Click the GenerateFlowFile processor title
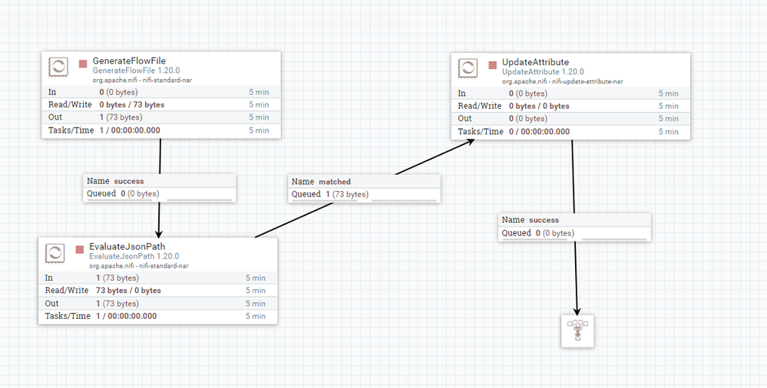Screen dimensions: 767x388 (129, 61)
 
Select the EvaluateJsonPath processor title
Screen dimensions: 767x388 (127, 247)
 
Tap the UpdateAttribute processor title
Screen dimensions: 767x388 (535, 62)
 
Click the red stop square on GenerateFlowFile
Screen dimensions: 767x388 (83, 64)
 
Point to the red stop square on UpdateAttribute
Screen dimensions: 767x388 (493, 65)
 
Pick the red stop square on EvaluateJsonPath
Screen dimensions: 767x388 (80, 250)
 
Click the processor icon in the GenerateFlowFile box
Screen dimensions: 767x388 (58, 67)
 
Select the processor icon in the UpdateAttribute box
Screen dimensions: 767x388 (468, 68)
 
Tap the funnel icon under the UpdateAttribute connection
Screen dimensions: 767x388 (577, 330)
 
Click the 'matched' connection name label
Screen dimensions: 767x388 (335, 182)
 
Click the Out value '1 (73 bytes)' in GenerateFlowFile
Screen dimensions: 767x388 (121, 117)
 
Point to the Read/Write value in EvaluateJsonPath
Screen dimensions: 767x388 (128, 291)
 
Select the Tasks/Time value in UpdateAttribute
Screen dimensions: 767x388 (539, 131)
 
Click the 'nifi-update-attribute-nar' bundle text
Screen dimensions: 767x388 (587, 81)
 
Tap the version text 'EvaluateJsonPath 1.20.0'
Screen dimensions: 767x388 (134, 256)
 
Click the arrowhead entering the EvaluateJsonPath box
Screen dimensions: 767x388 (158, 234)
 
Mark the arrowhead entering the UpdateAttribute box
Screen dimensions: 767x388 (470, 142)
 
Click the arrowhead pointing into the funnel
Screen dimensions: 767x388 (577, 311)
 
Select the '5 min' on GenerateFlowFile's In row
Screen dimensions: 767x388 (259, 92)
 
